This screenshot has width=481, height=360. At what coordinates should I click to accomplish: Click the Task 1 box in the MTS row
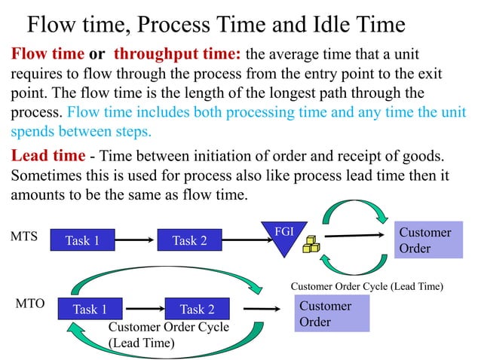coord(82,241)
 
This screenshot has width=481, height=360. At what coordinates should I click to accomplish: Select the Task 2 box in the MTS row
coord(189,241)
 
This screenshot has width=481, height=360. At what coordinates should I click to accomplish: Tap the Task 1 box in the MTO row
coord(90,309)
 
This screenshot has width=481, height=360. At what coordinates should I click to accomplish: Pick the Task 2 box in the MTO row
coord(197,309)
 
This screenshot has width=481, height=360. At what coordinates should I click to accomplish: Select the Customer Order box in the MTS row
coord(427,240)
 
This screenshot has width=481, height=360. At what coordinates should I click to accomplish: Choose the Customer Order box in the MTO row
coord(332,314)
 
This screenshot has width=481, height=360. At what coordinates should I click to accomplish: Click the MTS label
coord(24,236)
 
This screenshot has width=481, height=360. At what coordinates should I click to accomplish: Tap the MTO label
coord(30,304)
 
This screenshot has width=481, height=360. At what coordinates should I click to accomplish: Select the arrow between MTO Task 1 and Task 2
coord(143,309)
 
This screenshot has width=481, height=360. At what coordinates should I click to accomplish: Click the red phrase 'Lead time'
coord(44,156)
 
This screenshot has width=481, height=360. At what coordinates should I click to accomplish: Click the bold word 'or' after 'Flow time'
coord(97,55)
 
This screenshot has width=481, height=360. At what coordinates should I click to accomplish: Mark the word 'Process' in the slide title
coord(173,25)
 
